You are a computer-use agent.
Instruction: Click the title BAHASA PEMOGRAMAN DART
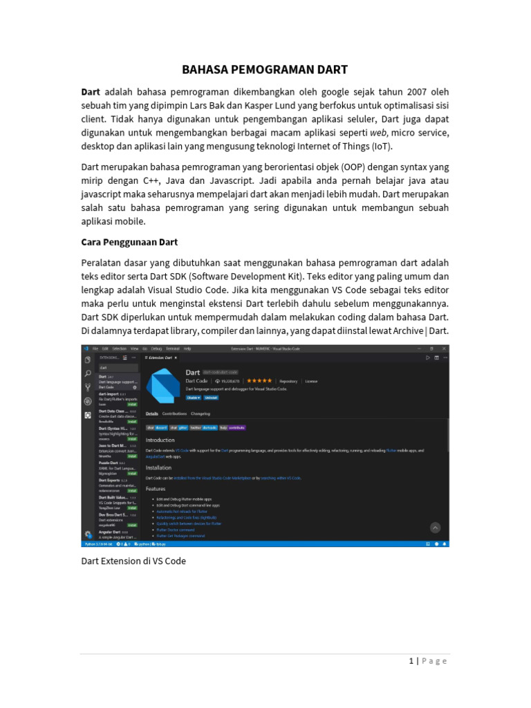[x=265, y=70]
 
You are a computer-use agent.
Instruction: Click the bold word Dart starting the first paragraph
[x=91, y=92]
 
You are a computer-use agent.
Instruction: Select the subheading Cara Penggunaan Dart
[x=129, y=242]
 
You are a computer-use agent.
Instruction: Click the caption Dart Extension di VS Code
[x=133, y=561]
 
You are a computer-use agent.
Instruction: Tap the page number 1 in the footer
[x=411, y=661]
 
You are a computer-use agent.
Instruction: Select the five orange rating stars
[x=259, y=381]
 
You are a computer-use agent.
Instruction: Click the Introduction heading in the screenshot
[x=160, y=440]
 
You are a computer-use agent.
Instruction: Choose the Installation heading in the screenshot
[x=158, y=467]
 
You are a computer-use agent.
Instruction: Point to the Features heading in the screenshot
[x=156, y=488]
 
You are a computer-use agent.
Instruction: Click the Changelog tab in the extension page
[x=201, y=413]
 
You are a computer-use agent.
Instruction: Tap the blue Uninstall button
[x=211, y=398]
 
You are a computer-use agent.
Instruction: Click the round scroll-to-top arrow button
[x=436, y=528]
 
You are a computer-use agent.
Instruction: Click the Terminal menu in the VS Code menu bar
[x=172, y=348]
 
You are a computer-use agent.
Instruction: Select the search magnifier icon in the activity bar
[x=88, y=373]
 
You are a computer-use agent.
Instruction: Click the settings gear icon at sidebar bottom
[x=88, y=534]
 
